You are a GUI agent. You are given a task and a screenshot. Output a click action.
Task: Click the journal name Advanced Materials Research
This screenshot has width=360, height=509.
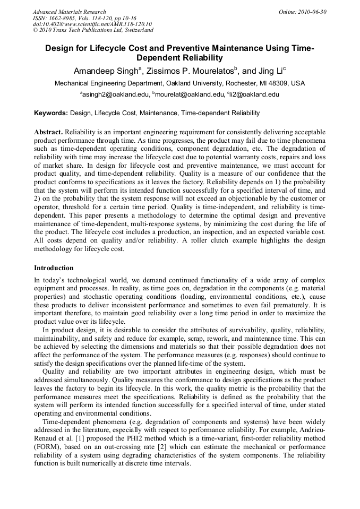coord(69,12)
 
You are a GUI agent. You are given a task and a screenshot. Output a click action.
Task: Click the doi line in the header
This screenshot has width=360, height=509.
coord(92,24)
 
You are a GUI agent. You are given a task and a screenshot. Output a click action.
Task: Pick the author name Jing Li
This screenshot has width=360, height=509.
coord(270,71)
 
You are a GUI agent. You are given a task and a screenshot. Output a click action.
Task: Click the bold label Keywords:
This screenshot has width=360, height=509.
coord(51,113)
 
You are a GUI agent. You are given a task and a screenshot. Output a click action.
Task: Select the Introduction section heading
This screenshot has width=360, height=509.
coord(54,268)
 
